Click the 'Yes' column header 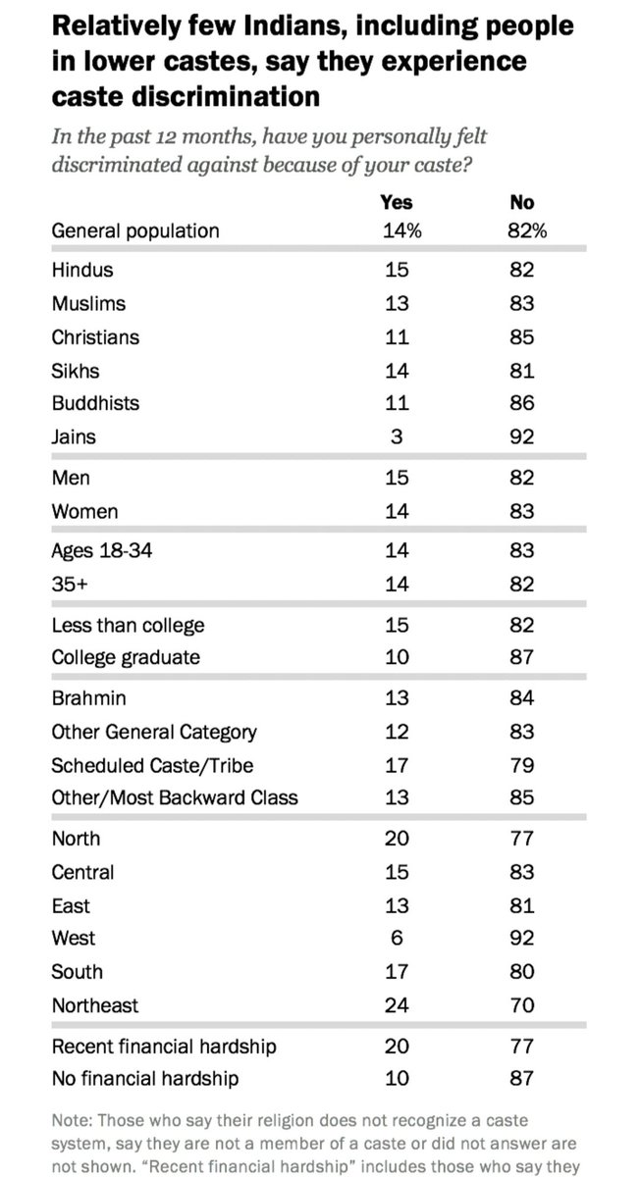[x=396, y=203]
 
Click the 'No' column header [x=521, y=203]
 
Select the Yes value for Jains [x=396, y=436]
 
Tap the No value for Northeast [x=521, y=1005]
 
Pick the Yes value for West [x=396, y=939]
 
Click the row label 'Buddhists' [x=95, y=403]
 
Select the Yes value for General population [x=396, y=231]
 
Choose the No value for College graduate [x=521, y=658]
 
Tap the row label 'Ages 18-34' [x=102, y=552]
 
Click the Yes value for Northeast [x=396, y=1005]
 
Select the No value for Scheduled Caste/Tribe [x=521, y=764]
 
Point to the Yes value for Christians [x=396, y=336]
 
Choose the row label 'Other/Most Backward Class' [x=175, y=797]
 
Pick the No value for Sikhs [x=521, y=370]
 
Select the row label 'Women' [x=84, y=511]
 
